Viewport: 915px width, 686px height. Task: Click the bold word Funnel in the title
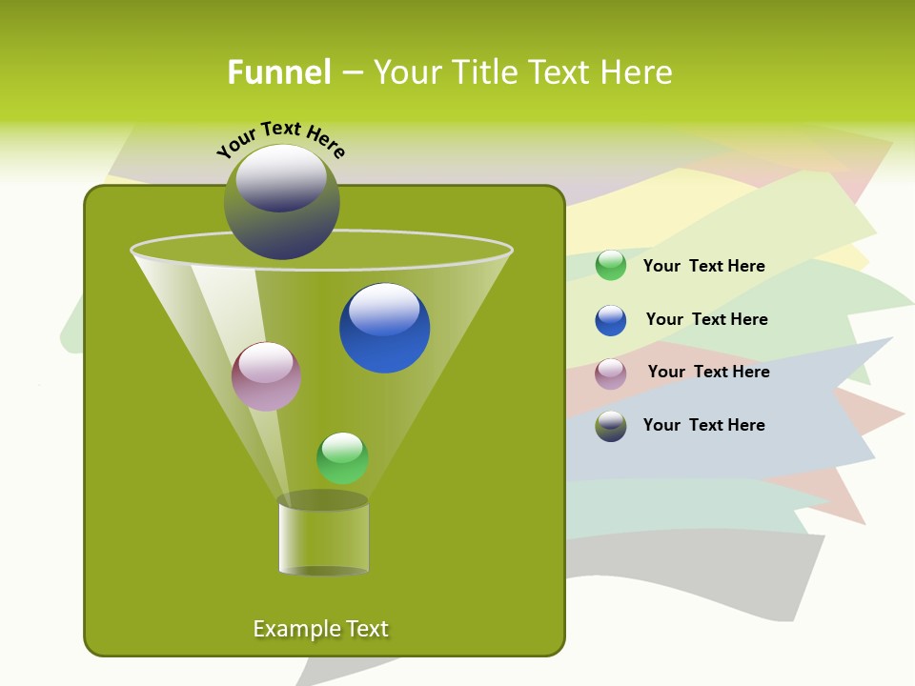(278, 72)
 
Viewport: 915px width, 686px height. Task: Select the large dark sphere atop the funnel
(281, 202)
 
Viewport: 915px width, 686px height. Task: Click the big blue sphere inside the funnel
(384, 329)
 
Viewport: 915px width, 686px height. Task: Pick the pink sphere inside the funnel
(266, 376)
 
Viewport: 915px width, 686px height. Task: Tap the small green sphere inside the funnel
(342, 457)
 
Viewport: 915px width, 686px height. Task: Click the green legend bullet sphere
(611, 266)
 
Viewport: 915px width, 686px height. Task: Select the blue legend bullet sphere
(611, 320)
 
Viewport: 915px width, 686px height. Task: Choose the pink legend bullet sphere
(611, 373)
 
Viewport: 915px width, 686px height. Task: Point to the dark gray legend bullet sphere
(611, 426)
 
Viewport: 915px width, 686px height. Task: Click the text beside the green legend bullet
(703, 266)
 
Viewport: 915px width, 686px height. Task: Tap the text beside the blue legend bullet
(706, 319)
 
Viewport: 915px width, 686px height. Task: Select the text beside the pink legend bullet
(708, 372)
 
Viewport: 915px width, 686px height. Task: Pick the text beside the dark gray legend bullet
(703, 425)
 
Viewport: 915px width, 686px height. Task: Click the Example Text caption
(320, 629)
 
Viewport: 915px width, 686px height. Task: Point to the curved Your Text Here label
(280, 139)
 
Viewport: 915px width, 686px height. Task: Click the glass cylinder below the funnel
(323, 536)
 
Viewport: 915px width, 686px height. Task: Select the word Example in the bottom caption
(287, 629)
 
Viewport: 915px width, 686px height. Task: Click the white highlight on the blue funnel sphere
(384, 309)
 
